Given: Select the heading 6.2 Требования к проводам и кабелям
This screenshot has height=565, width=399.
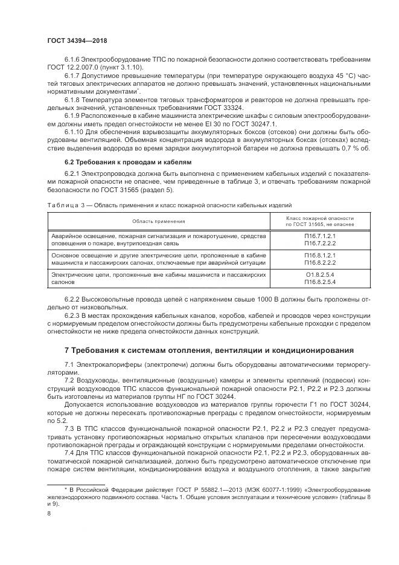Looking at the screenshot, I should coord(119,162).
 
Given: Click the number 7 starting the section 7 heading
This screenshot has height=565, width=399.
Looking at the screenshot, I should coord(67,350).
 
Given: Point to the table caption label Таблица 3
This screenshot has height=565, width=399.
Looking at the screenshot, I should coord(63,205).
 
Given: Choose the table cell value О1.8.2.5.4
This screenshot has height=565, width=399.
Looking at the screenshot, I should coord(320,276).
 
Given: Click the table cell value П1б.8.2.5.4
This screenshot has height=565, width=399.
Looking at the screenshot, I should coord(320,282).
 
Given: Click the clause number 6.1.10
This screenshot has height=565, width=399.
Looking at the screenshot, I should coord(75,131).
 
